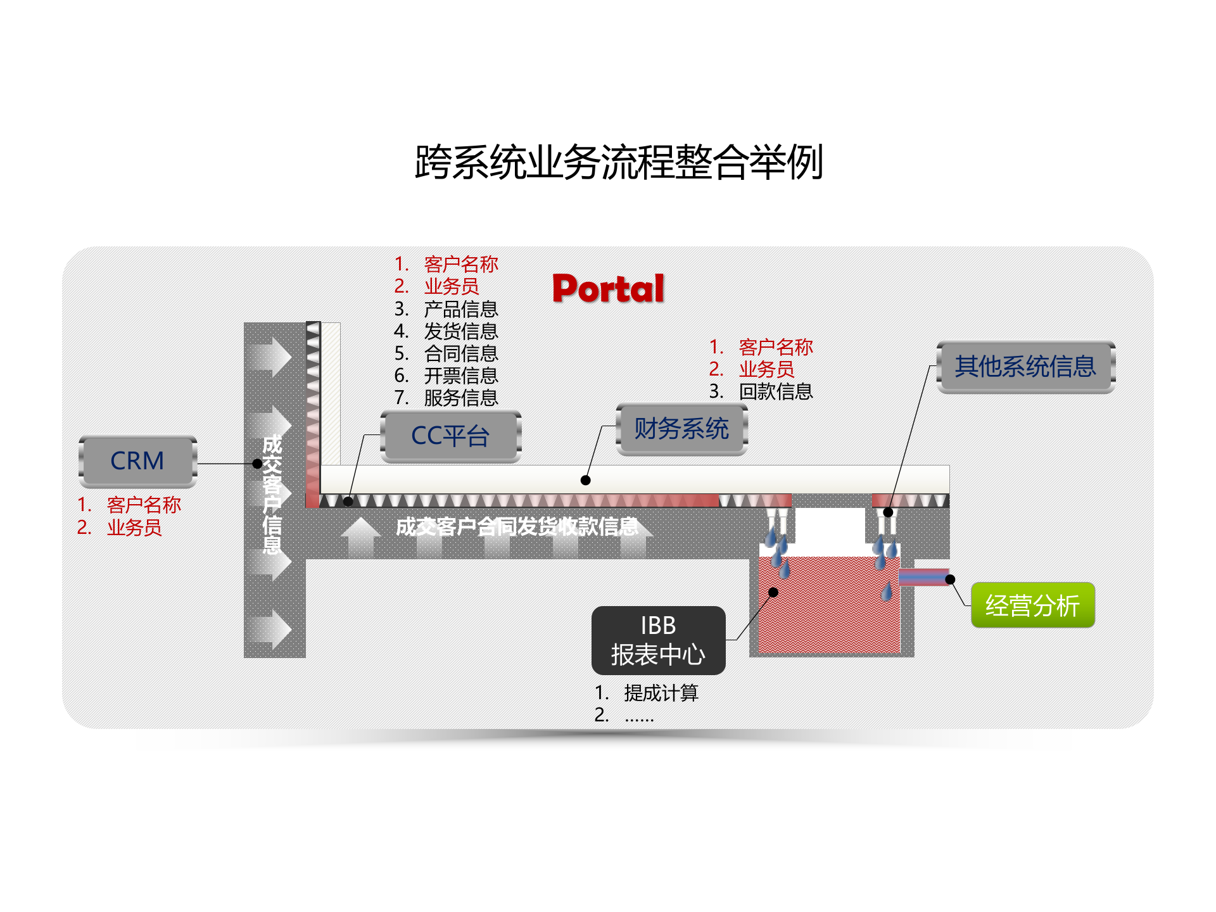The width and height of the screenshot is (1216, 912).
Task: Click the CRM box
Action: click(137, 460)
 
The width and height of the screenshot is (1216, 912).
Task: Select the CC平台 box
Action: click(450, 436)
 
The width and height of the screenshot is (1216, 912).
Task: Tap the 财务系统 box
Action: click(681, 429)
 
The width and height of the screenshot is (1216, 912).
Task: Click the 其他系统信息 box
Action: click(1025, 366)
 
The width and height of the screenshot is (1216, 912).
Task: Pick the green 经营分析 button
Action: click(1032, 605)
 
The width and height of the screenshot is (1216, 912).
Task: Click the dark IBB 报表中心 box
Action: click(658, 640)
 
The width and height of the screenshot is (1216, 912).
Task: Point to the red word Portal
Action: click(608, 289)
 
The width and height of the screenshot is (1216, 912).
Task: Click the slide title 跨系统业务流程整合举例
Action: click(619, 162)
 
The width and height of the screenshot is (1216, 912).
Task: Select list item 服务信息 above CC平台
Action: click(460, 398)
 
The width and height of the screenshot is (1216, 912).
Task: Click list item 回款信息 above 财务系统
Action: click(775, 391)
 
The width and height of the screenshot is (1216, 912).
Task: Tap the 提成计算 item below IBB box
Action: click(661, 693)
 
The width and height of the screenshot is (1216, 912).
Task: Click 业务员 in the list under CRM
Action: click(134, 527)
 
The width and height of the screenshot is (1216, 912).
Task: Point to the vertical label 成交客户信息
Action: click(272, 494)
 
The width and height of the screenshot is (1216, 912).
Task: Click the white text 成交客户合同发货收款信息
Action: click(517, 526)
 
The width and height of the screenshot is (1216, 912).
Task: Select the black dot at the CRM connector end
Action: click(257, 464)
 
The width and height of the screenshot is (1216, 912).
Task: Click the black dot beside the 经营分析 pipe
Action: click(950, 579)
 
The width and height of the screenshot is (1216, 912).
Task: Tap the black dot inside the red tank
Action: click(773, 592)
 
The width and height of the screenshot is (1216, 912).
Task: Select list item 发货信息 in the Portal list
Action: click(460, 331)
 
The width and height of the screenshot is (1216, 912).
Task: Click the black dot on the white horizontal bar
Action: click(586, 480)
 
